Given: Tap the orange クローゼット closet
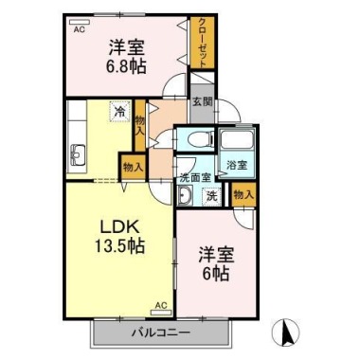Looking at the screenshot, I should click(202, 44).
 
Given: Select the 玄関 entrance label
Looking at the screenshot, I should click(202, 102).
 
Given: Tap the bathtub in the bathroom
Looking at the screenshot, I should click(236, 142).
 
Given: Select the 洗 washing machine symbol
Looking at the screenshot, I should click(212, 196).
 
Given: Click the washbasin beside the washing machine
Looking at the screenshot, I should click(185, 197).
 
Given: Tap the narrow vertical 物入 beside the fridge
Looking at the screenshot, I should click(139, 123).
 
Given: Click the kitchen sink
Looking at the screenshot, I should click(78, 153).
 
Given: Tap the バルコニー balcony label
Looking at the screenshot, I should click(160, 332).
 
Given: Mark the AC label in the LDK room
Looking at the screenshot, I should click(161, 305).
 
